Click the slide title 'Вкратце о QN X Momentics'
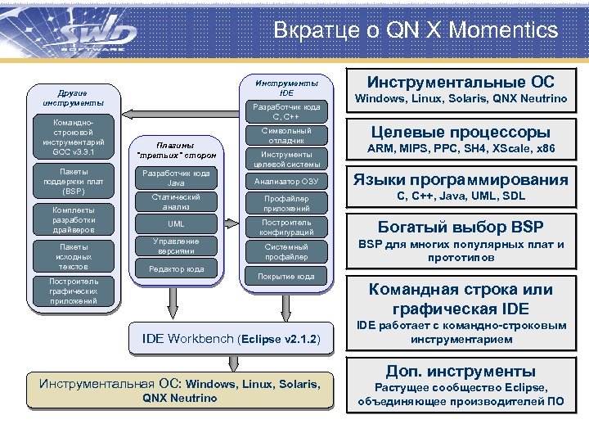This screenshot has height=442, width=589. pyautogui.click(x=416, y=30)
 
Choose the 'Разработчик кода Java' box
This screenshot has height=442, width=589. pyautogui.click(x=176, y=178)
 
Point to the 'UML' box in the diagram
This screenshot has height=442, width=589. pyautogui.click(x=176, y=223)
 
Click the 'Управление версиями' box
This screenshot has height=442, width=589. pyautogui.click(x=176, y=246)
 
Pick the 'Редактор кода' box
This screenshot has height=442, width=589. pyautogui.click(x=176, y=268)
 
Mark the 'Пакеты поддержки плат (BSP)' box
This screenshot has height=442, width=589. pyautogui.click(x=73, y=181)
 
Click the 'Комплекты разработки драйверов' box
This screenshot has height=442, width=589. pyautogui.click(x=73, y=219)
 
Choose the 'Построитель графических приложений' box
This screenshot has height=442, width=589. pyautogui.click(x=73, y=291)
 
